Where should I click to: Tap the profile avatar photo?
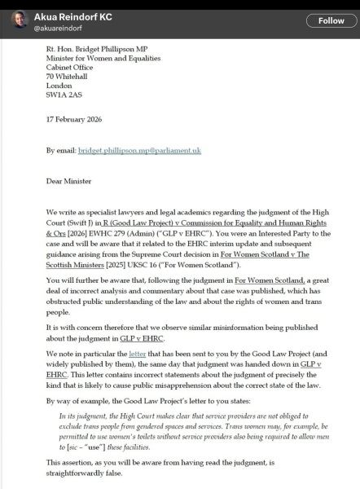click(19, 20)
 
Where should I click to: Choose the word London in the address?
click(59, 84)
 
